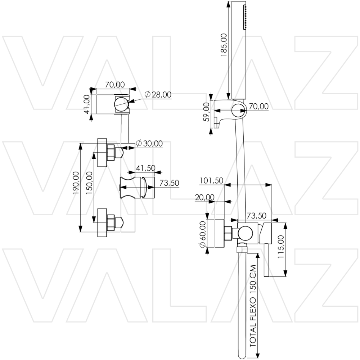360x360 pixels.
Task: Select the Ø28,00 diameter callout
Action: tap(158, 95)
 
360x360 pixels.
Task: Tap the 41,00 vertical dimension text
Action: tap(87, 104)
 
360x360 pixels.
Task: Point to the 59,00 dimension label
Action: tap(206, 112)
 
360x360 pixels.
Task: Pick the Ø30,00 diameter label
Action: tap(149, 144)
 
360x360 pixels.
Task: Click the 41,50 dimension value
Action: tap(145, 168)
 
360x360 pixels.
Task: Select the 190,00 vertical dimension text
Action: tap(76, 183)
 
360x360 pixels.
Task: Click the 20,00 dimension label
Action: tap(204, 197)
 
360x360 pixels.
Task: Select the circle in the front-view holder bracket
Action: tap(121, 104)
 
